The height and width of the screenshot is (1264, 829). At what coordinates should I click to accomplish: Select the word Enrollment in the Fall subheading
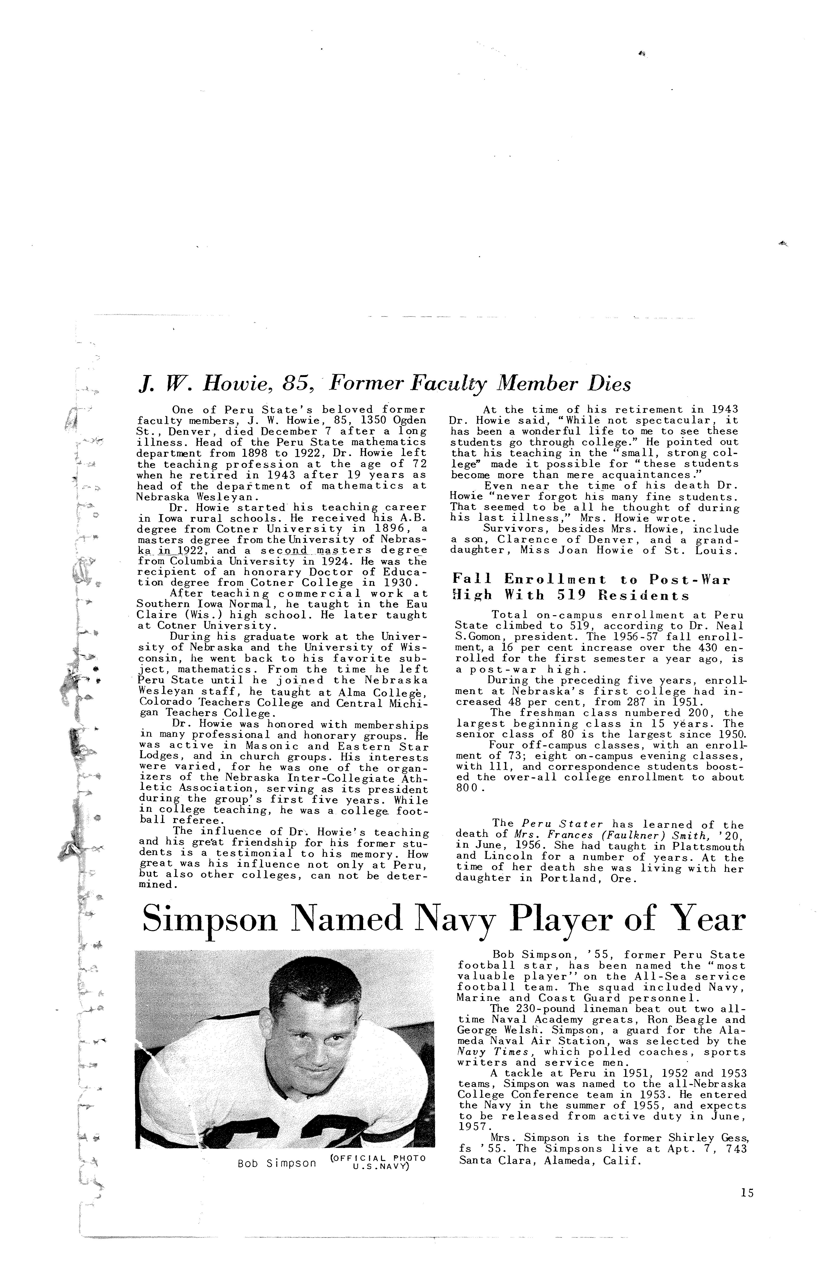tap(554, 579)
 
